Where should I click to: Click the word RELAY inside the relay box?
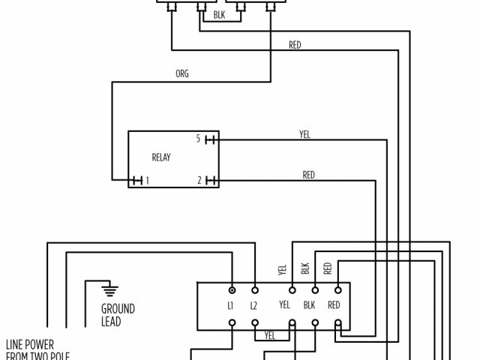tap(161, 158)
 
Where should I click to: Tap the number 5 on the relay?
tap(199, 139)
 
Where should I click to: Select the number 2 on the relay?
tap(199, 180)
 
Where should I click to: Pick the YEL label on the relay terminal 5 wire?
tap(304, 135)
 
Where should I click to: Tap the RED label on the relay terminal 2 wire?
tap(308, 175)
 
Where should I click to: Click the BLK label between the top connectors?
tap(218, 13)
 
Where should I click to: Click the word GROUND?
tap(118, 308)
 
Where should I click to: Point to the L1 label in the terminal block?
tap(232, 305)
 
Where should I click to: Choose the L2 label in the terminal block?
tap(254, 305)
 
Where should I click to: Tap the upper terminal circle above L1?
tap(232, 289)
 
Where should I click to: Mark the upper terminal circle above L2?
tap(254, 289)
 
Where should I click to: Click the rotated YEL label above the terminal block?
tap(283, 270)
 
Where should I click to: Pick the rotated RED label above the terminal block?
tap(328, 268)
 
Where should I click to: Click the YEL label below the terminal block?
tap(271, 334)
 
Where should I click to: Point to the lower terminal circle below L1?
tap(232, 324)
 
